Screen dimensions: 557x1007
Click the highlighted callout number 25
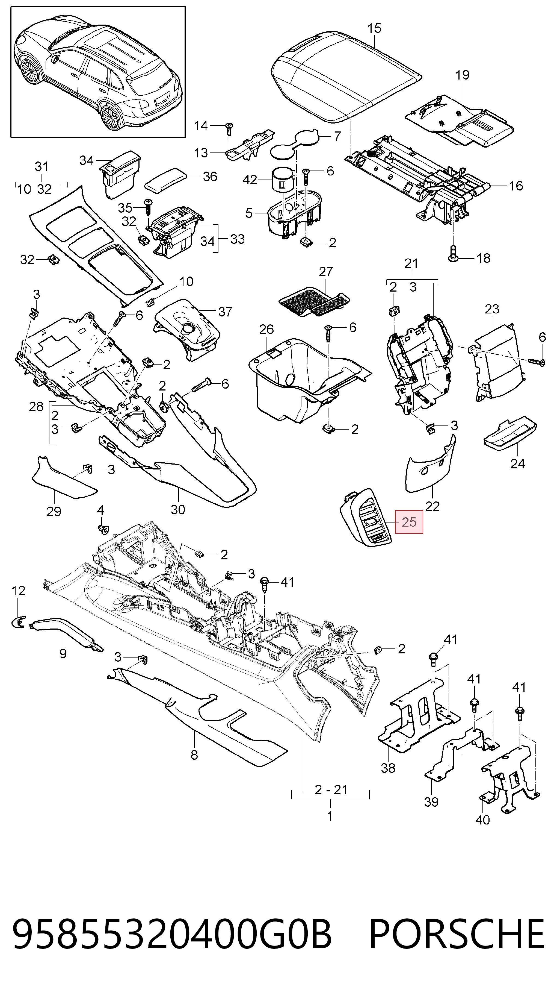point(409,522)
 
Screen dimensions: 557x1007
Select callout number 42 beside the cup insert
point(250,180)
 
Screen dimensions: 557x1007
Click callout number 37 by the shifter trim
point(225,312)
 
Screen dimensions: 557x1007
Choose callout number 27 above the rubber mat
point(326,272)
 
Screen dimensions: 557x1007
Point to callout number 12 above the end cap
point(18,591)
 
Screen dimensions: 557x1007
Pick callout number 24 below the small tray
point(518,464)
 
